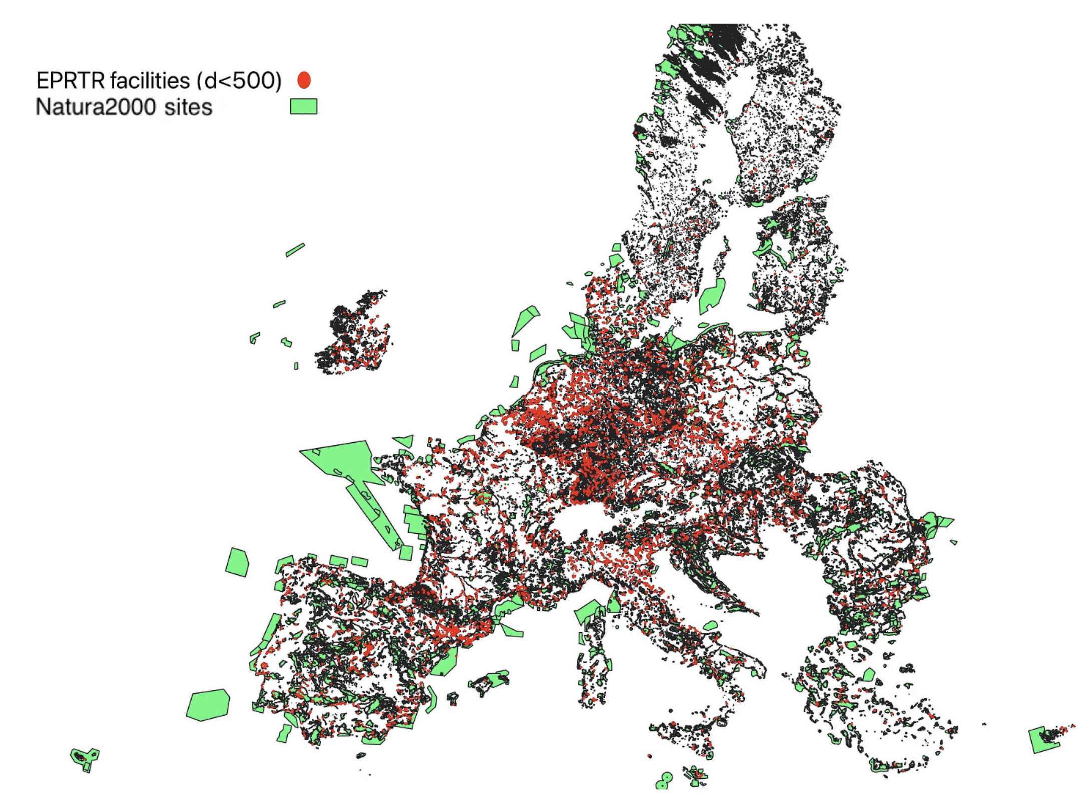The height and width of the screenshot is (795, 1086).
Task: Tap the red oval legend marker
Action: click(304, 80)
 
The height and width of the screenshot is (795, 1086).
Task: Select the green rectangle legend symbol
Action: click(304, 106)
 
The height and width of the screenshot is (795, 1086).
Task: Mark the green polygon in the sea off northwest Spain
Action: click(238, 562)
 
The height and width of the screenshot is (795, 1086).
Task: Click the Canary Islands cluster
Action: click(84, 758)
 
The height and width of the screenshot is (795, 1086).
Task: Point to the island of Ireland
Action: click(353, 335)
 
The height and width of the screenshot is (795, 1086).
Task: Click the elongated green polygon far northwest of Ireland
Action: click(295, 250)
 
